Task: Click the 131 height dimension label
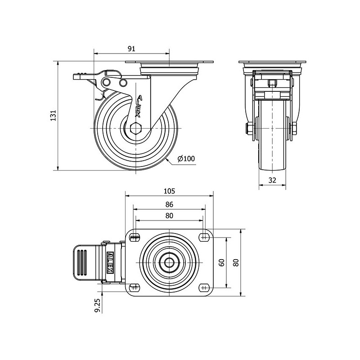pyautogui.click(x=53, y=116)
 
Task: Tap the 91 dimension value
pyautogui.click(x=131, y=49)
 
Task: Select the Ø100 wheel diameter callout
pyautogui.click(x=186, y=158)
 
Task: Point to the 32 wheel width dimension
pyautogui.click(x=272, y=180)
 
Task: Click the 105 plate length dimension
pyautogui.click(x=169, y=191)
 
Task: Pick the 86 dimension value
pyautogui.click(x=169, y=204)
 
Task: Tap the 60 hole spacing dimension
pyautogui.click(x=222, y=262)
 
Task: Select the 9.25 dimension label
pyautogui.click(x=97, y=306)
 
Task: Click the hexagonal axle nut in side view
pyautogui.click(x=136, y=128)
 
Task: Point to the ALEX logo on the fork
pyautogui.click(x=139, y=107)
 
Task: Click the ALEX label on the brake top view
pyautogui.click(x=110, y=262)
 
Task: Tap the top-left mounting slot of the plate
pyautogui.click(x=135, y=237)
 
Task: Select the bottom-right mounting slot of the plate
pyautogui.click(x=203, y=288)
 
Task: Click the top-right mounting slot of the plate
pyautogui.click(x=203, y=237)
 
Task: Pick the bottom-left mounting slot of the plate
pyautogui.click(x=135, y=288)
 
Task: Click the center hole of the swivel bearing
pyautogui.click(x=169, y=262)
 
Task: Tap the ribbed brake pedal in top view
pyautogui.click(x=85, y=262)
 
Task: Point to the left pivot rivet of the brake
pyautogui.click(x=106, y=82)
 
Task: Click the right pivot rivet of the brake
pyautogui.click(x=123, y=83)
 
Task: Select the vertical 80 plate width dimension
pyautogui.click(x=237, y=262)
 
